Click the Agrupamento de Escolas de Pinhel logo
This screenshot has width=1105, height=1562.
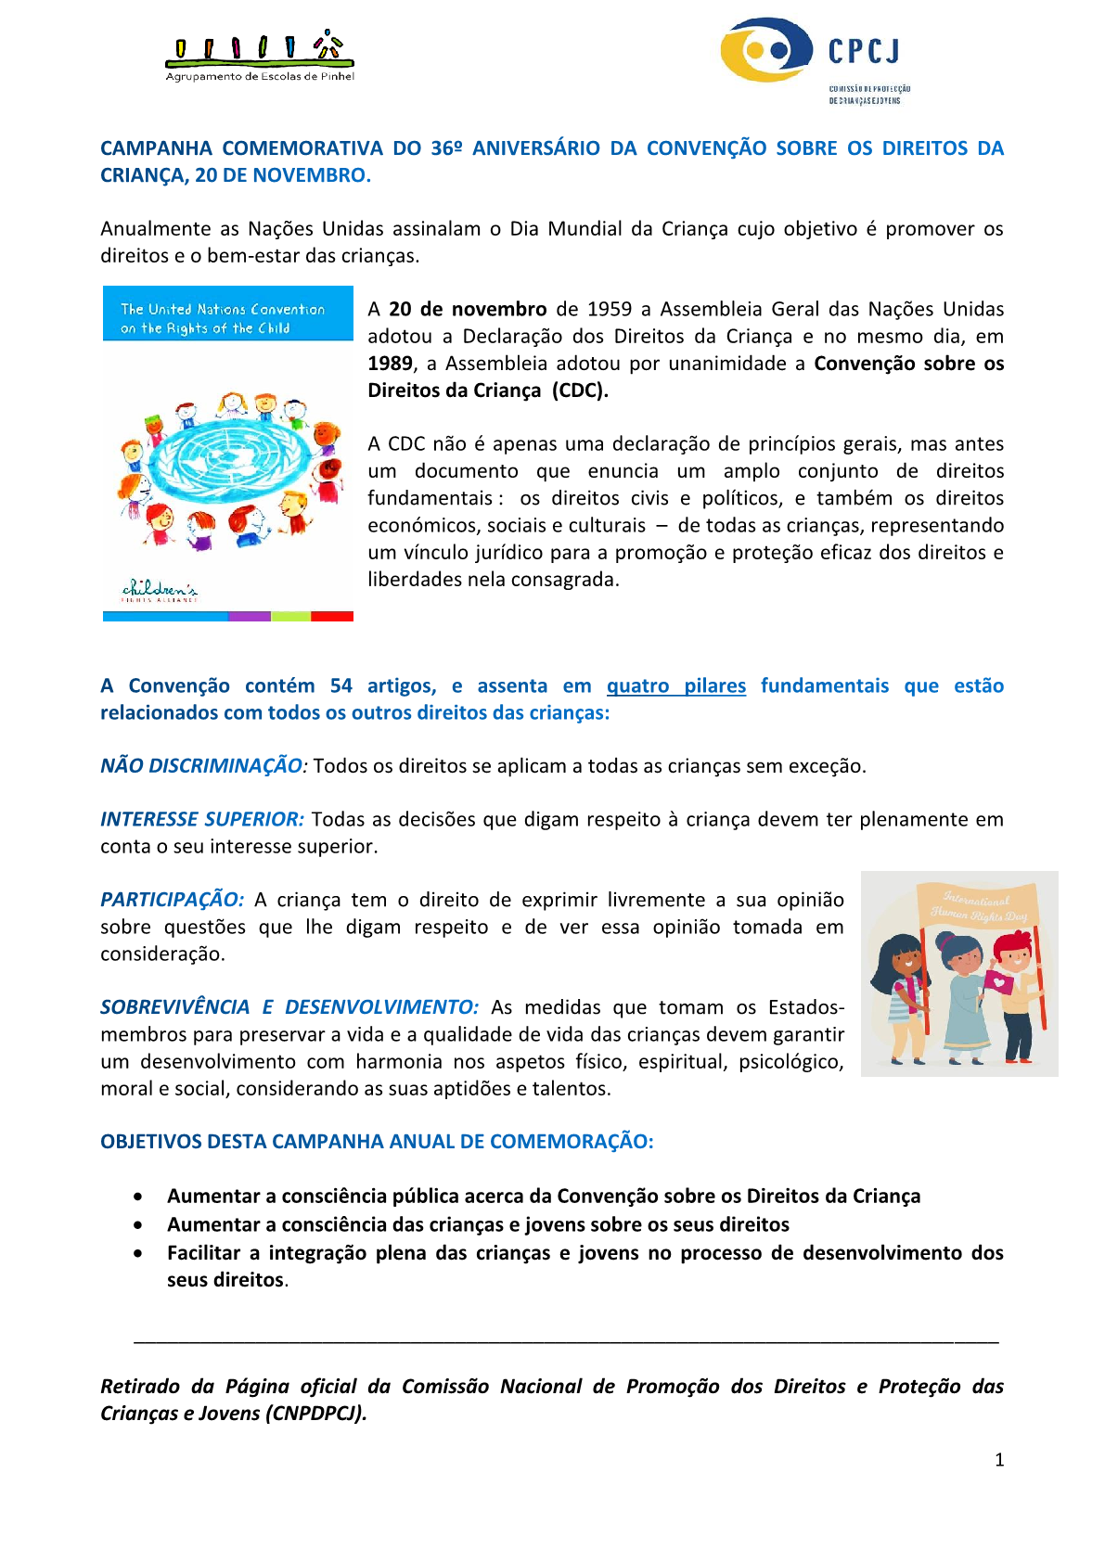coord(259,58)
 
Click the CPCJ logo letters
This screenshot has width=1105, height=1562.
coord(864,51)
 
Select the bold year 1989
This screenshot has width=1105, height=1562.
coord(390,364)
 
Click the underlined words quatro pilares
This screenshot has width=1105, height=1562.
coord(675,686)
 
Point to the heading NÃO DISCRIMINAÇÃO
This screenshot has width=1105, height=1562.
coord(201,766)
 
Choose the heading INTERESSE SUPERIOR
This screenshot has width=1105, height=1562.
coord(202,820)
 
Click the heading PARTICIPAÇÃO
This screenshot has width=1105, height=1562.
coord(172,901)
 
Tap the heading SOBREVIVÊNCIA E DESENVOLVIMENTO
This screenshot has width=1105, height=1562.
coord(289,1008)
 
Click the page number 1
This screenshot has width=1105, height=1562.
coord(999,1460)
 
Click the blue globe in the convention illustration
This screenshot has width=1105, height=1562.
coord(227,462)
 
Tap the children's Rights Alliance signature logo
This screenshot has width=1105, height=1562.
coord(160,591)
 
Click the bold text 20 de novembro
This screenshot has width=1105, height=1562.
coord(468,310)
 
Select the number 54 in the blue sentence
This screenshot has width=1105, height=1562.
coord(340,686)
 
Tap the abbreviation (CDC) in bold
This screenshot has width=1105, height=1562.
coord(579,390)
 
